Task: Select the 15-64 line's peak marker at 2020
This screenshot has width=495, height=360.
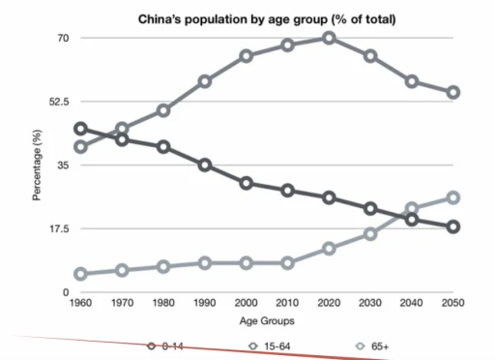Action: point(329,38)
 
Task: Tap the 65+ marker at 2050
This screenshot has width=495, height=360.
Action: point(453,197)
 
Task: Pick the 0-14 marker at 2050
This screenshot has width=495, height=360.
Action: point(453,226)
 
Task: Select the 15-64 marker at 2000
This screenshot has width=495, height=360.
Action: point(247,56)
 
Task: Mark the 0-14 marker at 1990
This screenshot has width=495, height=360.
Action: point(205,165)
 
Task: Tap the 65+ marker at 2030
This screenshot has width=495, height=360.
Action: point(370,234)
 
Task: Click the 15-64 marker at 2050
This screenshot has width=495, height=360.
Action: point(453,93)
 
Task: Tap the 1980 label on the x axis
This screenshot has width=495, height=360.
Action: point(163,303)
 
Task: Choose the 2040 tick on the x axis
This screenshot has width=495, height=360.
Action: point(412,303)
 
